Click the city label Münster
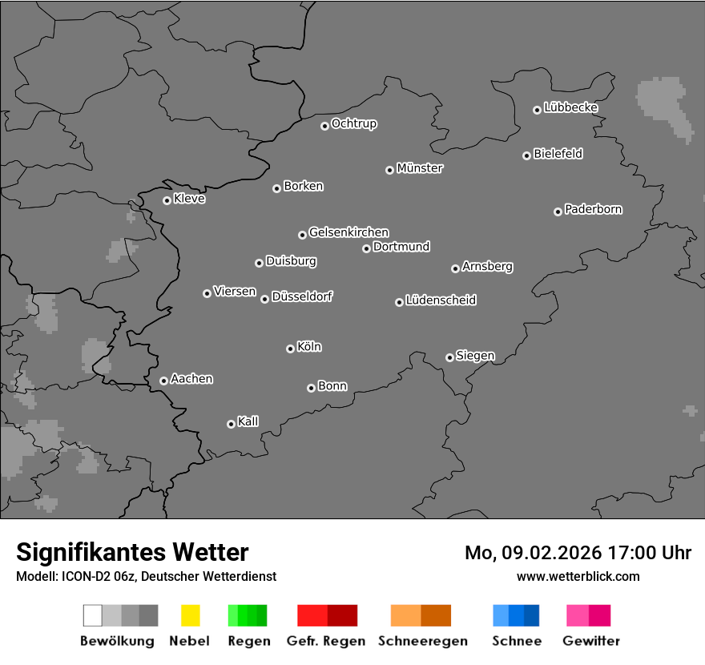420,168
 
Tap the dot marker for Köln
290,349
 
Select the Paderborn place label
593,209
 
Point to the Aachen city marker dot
163,381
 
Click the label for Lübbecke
570,107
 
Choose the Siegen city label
475,356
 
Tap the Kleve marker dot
167,200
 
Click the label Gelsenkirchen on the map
348,232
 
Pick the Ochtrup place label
353,123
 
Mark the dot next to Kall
231,424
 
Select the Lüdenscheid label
441,300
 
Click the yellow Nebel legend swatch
190,615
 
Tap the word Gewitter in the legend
591,641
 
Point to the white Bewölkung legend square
93,615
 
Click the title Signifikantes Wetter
132,552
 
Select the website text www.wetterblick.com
578,576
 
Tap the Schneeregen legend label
422,641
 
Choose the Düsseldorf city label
302,296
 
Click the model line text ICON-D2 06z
99,576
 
